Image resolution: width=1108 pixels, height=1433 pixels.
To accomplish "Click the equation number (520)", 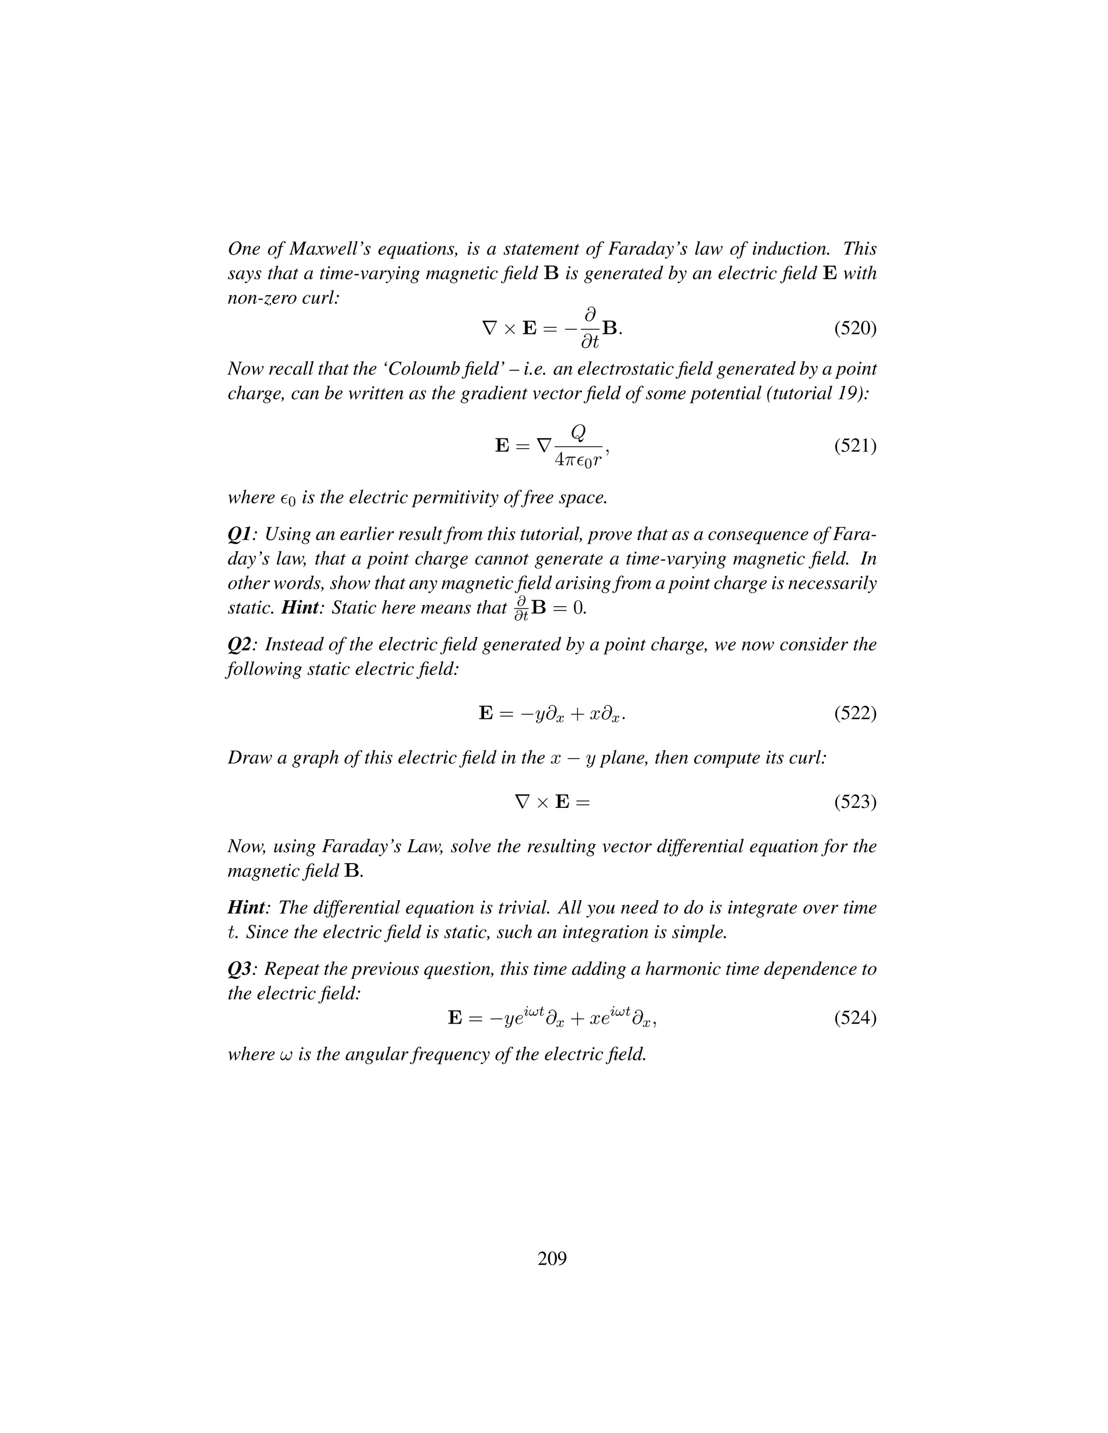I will [855, 328].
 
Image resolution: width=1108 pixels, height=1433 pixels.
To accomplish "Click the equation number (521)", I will [855, 446].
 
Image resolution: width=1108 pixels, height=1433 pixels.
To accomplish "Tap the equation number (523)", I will [855, 802].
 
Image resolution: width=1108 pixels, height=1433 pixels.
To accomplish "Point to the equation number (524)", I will [855, 1018].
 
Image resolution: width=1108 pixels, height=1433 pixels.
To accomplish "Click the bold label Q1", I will [239, 535].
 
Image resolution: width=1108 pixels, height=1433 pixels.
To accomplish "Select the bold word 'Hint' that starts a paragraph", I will [246, 907].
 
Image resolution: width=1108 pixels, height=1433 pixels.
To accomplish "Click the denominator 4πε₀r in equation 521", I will [578, 461].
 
